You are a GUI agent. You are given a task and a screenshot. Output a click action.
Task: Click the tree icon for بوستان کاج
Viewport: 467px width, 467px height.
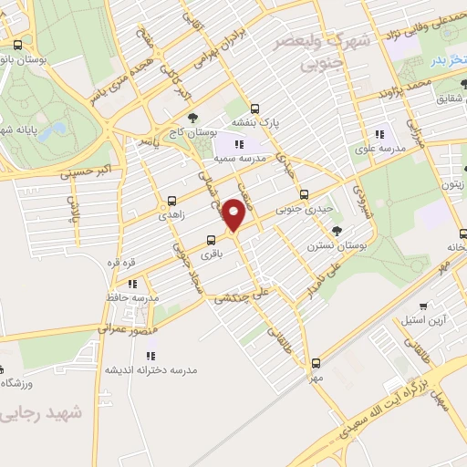coord(192,117)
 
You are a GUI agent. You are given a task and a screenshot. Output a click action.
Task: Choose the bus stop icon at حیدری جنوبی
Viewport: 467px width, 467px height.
coord(305,193)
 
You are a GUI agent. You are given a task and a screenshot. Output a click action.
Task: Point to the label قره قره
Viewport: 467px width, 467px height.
coord(122,263)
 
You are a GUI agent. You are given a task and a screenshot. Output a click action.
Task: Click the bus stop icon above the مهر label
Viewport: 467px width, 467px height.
coord(316,362)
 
